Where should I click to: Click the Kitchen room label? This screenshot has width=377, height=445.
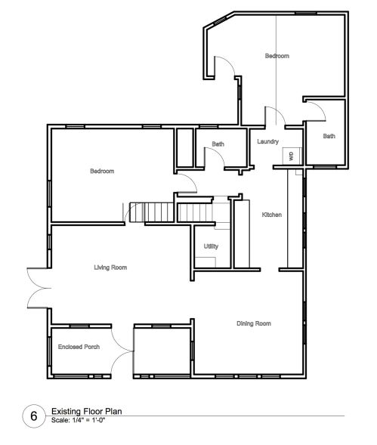(272, 215)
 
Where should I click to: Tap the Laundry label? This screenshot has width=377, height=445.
(267, 141)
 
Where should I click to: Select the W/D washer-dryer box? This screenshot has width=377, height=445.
(292, 156)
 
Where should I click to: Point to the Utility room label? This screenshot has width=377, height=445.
(211, 246)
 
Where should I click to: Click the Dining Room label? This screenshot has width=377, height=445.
(254, 323)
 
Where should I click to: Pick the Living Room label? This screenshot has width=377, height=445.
(110, 267)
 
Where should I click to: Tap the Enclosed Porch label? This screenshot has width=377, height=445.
(79, 347)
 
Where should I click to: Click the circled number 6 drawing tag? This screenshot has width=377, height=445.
(34, 416)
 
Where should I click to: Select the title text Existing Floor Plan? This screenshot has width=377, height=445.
(87, 411)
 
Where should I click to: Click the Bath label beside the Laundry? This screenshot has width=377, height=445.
(218, 144)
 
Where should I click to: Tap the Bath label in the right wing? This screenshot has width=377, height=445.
(329, 136)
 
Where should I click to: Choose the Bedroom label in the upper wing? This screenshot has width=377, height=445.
(277, 56)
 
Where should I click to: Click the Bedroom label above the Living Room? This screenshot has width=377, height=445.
(102, 171)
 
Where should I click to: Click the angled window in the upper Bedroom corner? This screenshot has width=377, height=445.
(220, 20)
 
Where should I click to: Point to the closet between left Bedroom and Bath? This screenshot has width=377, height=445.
(185, 147)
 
